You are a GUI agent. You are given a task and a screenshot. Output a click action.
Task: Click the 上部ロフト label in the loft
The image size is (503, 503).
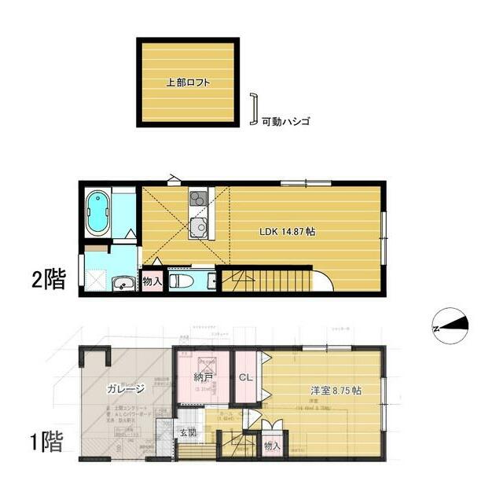[x=186, y=82]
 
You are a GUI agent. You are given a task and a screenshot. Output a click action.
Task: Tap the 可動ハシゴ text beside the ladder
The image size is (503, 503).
[x=286, y=122]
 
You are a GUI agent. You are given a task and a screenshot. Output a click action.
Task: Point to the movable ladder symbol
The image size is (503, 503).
[x=253, y=110]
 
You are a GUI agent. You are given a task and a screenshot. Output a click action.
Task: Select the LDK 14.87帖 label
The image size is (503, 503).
[x=288, y=232]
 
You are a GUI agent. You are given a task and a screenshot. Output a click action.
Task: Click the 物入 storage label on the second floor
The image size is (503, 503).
[x=152, y=281]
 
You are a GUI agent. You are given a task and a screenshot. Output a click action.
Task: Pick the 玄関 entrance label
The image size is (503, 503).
[x=187, y=431]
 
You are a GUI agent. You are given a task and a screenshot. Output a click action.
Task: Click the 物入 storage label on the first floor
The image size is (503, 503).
[x=273, y=446]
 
